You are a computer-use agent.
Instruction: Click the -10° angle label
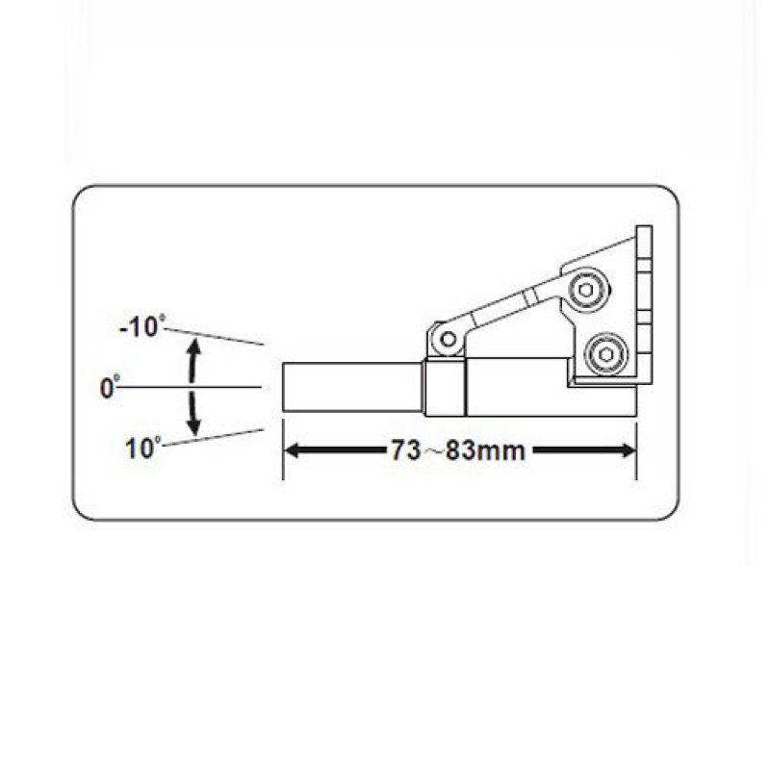(x=142, y=326)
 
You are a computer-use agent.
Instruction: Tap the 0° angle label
(x=110, y=388)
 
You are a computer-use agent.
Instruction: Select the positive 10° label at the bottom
(x=143, y=448)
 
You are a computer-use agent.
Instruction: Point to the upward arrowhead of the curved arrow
(x=194, y=346)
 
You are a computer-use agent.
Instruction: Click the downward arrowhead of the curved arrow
(x=195, y=426)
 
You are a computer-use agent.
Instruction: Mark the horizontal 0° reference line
(x=189, y=388)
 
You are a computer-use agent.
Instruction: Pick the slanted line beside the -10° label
(x=215, y=336)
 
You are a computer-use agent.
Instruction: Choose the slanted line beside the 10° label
(x=214, y=438)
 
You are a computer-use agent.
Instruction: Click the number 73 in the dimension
(x=405, y=450)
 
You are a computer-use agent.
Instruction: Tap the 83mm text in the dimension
(x=486, y=450)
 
